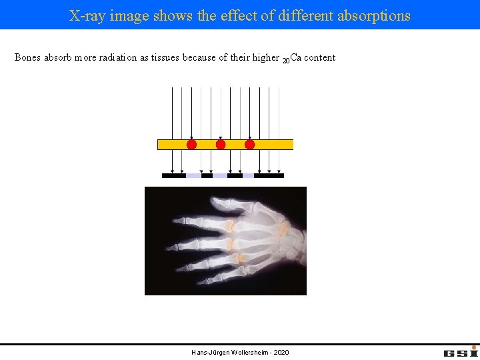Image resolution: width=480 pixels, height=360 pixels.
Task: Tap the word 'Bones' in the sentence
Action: [x=28, y=58]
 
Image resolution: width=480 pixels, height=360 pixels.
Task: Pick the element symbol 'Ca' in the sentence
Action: [x=296, y=58]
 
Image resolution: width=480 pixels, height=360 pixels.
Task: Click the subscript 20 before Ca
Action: [x=285, y=61]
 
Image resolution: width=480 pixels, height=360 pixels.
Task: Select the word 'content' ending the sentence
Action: [x=320, y=58]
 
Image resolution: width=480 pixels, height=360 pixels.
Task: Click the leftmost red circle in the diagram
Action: [x=191, y=144]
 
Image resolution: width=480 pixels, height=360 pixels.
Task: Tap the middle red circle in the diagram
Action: [x=221, y=144]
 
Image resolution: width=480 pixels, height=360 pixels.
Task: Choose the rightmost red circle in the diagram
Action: [x=250, y=144]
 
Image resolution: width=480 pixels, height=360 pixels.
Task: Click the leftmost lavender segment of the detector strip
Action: [x=193, y=176]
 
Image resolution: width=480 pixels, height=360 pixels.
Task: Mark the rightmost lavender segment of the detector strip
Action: [x=248, y=176]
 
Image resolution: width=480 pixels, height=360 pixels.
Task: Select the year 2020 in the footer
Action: [x=281, y=352]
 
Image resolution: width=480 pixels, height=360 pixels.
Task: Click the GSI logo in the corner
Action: [x=460, y=351]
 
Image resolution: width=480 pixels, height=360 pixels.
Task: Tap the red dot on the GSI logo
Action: [x=474, y=347]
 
